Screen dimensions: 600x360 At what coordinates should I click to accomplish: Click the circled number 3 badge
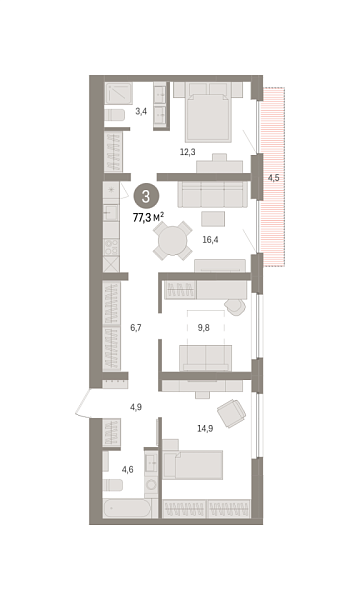[x=146, y=196]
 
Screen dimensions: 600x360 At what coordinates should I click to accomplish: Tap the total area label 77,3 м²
[x=148, y=215]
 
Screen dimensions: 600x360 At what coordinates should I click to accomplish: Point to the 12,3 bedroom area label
[x=187, y=152]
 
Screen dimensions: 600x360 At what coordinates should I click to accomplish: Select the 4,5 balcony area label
[x=273, y=178]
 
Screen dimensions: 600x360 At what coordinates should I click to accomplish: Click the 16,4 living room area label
[x=210, y=240]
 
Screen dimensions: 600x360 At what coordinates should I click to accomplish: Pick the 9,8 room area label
[x=204, y=327]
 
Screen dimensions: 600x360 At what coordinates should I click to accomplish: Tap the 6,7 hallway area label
[x=137, y=327]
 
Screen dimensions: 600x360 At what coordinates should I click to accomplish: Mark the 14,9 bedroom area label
[x=204, y=428]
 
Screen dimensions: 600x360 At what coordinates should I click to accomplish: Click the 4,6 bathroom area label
[x=128, y=469]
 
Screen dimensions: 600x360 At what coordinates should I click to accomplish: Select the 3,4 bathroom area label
[x=140, y=111]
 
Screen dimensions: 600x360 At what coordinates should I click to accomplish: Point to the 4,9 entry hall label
[x=137, y=407]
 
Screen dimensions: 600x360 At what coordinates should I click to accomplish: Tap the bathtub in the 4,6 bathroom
[x=128, y=510]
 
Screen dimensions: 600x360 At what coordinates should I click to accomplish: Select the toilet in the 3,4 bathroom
[x=115, y=115]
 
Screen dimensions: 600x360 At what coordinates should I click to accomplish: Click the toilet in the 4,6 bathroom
[x=112, y=485]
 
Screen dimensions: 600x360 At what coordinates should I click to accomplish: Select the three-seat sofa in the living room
[x=212, y=192]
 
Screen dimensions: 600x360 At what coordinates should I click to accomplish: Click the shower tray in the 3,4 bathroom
[x=119, y=92]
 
